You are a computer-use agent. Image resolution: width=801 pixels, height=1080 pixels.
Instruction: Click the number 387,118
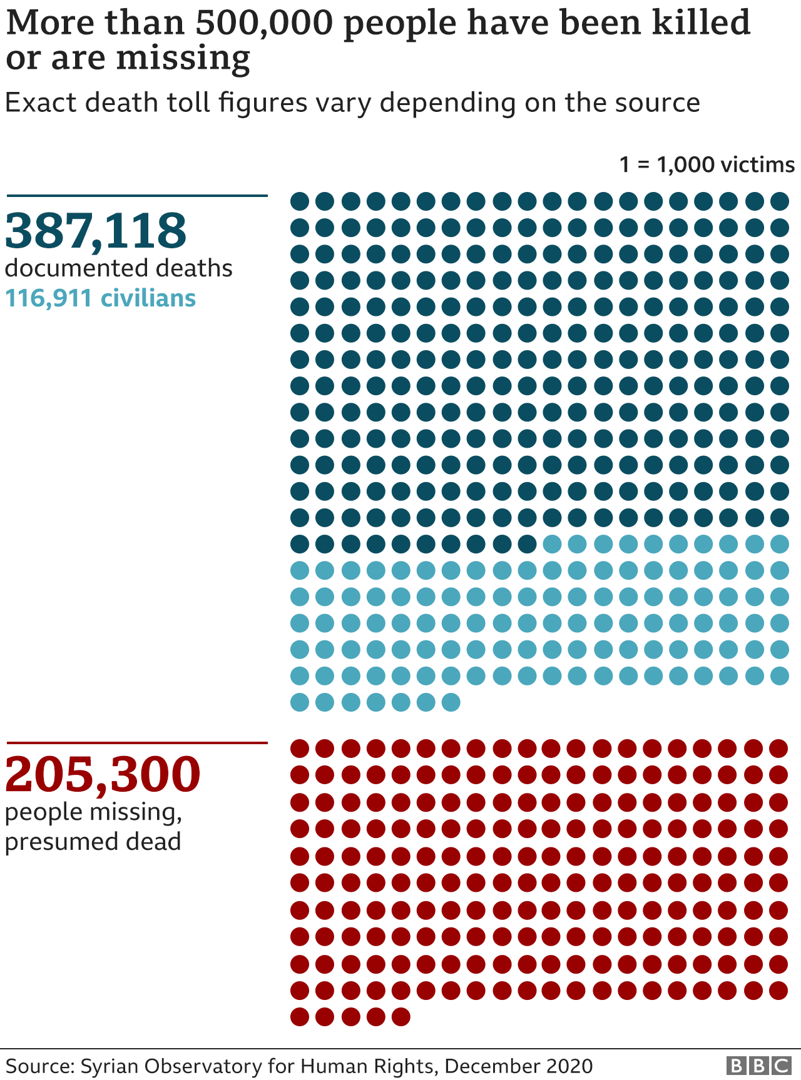(x=96, y=230)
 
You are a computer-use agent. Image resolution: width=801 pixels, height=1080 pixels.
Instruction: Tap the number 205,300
(x=103, y=774)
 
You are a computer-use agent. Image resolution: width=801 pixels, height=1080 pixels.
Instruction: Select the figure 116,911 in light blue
(x=49, y=298)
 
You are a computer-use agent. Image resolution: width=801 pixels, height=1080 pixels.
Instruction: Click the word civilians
(x=148, y=298)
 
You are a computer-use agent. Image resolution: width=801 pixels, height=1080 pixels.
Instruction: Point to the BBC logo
(x=758, y=1066)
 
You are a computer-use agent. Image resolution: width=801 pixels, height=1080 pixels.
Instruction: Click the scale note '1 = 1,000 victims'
(x=707, y=164)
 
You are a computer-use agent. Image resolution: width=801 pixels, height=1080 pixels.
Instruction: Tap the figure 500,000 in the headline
(x=263, y=23)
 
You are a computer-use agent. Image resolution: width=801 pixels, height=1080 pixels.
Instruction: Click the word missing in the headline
(x=183, y=58)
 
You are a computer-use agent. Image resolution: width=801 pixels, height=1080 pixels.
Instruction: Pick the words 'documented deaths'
(x=118, y=268)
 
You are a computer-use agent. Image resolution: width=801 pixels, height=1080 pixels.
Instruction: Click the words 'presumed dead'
(x=93, y=842)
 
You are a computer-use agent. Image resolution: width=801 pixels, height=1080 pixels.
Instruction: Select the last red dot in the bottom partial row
(x=401, y=1017)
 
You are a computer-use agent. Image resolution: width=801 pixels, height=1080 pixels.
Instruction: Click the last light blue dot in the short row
(x=451, y=702)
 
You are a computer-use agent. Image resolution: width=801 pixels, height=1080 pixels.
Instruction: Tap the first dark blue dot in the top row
(x=300, y=201)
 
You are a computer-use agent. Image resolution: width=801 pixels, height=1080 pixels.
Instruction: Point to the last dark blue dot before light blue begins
(x=527, y=544)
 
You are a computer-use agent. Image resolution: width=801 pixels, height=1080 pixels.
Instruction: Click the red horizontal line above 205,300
(x=137, y=743)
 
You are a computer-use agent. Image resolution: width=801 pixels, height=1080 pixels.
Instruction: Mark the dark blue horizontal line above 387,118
(x=137, y=196)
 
